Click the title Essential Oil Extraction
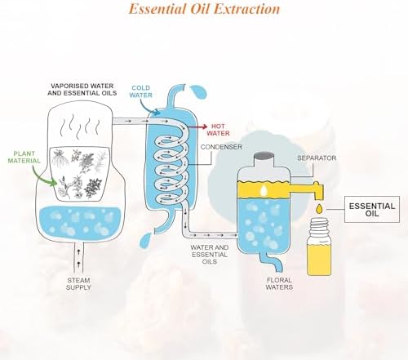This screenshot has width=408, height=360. (x=204, y=10)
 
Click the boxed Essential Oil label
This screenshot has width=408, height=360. (x=372, y=207)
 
